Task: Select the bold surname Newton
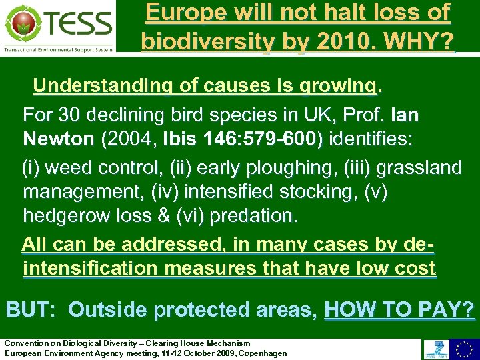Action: point(59,139)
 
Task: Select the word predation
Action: point(256,216)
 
